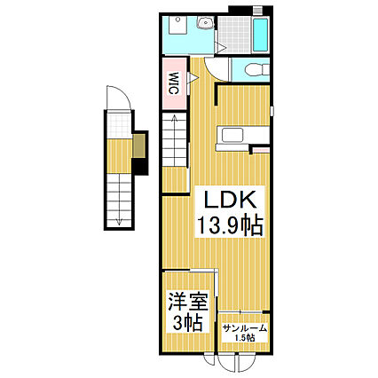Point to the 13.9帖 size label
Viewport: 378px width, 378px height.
(229, 224)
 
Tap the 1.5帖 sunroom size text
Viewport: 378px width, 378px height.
(242, 337)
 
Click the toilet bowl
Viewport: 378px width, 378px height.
(248, 68)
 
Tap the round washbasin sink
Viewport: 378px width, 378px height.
(206, 25)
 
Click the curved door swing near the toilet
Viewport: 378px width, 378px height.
(213, 71)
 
